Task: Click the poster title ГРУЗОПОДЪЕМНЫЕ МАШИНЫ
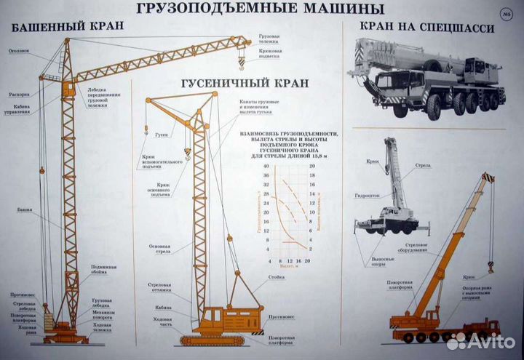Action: (258, 9)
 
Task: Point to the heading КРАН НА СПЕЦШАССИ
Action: (426, 28)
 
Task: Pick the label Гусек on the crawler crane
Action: (162, 135)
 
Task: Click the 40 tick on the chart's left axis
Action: (267, 167)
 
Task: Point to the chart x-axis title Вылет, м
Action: (287, 268)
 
